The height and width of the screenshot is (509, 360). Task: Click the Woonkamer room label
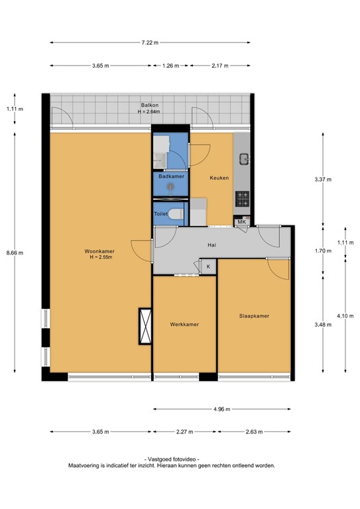point(99,251)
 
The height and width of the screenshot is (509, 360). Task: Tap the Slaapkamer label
point(254,316)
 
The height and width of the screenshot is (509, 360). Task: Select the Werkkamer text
point(184,324)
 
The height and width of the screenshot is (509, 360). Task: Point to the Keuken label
point(219,178)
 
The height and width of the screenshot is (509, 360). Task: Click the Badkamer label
point(171,177)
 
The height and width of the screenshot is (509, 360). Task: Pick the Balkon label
point(149,105)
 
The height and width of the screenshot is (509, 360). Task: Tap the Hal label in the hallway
point(212,245)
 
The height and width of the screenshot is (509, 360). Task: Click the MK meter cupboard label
point(241,223)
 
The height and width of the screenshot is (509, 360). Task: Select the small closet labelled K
point(208,266)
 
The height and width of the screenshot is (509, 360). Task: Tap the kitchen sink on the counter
point(243,158)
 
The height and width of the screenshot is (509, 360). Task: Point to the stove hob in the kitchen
point(243,197)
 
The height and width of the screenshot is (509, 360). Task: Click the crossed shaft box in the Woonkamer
point(145,326)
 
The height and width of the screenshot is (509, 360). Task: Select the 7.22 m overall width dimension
point(150,42)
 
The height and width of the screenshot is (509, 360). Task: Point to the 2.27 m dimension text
point(184,431)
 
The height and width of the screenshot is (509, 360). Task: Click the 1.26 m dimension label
point(171,66)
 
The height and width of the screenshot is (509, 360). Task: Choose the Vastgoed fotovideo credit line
point(171,459)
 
